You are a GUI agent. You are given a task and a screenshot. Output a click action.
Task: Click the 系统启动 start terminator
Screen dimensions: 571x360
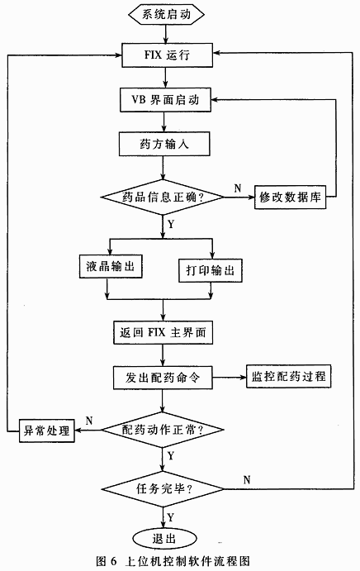click(x=166, y=15)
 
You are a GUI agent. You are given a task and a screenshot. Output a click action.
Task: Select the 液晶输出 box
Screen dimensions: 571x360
click(x=109, y=269)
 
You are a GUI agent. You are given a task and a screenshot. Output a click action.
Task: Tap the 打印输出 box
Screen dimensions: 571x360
click(x=212, y=270)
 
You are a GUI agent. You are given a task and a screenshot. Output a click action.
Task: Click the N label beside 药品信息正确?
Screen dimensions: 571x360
click(x=237, y=188)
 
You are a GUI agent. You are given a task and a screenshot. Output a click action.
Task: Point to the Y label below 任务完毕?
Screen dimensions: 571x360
click(x=170, y=516)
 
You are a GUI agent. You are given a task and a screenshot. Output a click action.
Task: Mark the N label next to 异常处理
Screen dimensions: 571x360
click(x=88, y=419)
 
